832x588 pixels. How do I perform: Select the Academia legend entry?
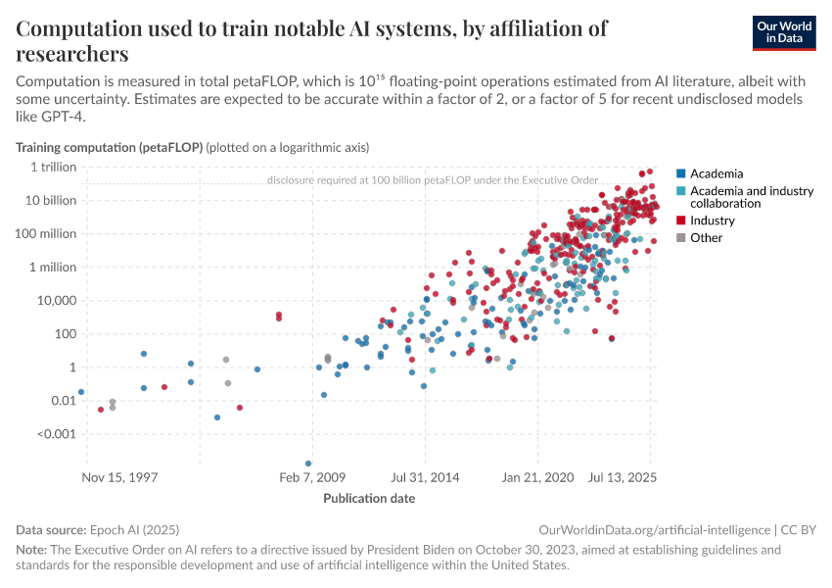pos(716,173)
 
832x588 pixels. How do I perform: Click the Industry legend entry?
pos(712,220)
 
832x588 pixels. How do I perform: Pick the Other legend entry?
pos(706,237)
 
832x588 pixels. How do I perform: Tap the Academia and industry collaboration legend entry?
pos(751,197)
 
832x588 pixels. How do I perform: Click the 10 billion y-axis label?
pos(51,200)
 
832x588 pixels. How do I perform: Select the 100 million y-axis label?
pos(47,233)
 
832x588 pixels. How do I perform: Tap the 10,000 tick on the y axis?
pos(57,300)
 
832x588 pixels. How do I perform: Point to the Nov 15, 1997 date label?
pos(119,478)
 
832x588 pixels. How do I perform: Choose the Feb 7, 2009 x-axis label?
pos(312,478)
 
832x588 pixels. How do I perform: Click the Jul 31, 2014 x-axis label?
pos(425,478)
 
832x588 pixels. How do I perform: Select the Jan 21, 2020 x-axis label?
pos(537,478)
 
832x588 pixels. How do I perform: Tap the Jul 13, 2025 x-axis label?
pos(623,478)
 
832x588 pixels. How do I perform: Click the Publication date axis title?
pos(369,498)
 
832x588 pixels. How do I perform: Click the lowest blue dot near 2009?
pos(308,464)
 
